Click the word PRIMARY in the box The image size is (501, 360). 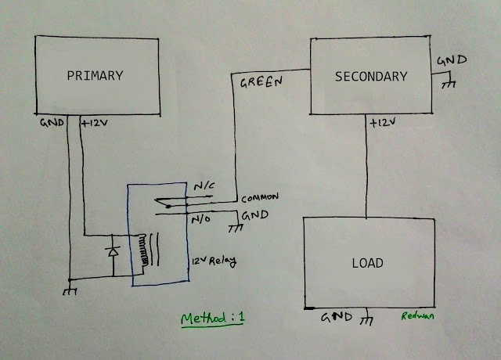[95, 76]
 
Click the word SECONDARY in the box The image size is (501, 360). [371, 77]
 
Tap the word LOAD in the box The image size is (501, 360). [367, 263]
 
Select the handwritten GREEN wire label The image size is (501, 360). [261, 82]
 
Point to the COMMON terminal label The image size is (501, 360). [260, 198]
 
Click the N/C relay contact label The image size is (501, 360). [204, 186]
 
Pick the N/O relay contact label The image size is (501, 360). [201, 219]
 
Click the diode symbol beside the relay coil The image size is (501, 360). [113, 252]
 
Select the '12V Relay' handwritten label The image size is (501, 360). [214, 261]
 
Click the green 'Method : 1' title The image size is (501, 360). [212, 319]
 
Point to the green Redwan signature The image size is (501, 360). [417, 316]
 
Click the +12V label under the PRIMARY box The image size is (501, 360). [95, 123]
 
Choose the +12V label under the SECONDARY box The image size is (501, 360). [383, 123]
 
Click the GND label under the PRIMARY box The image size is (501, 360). [52, 123]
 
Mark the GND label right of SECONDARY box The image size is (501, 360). [452, 60]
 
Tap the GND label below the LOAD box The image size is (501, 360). [337, 317]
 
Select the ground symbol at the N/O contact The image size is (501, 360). [236, 228]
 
